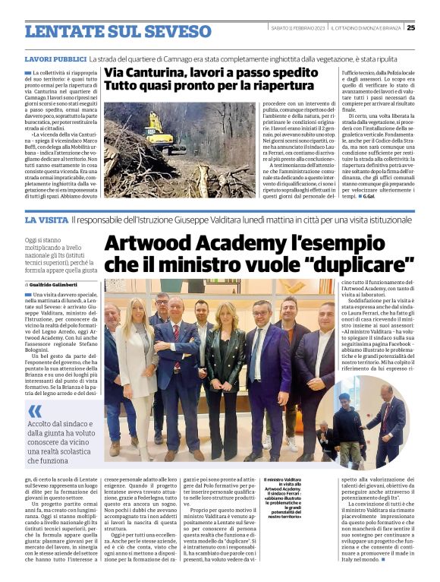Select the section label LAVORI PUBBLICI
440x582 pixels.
[55, 59]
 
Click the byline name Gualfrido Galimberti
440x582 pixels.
[57, 284]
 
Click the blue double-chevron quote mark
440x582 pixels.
[36, 410]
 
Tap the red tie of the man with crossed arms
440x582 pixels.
[176, 334]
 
